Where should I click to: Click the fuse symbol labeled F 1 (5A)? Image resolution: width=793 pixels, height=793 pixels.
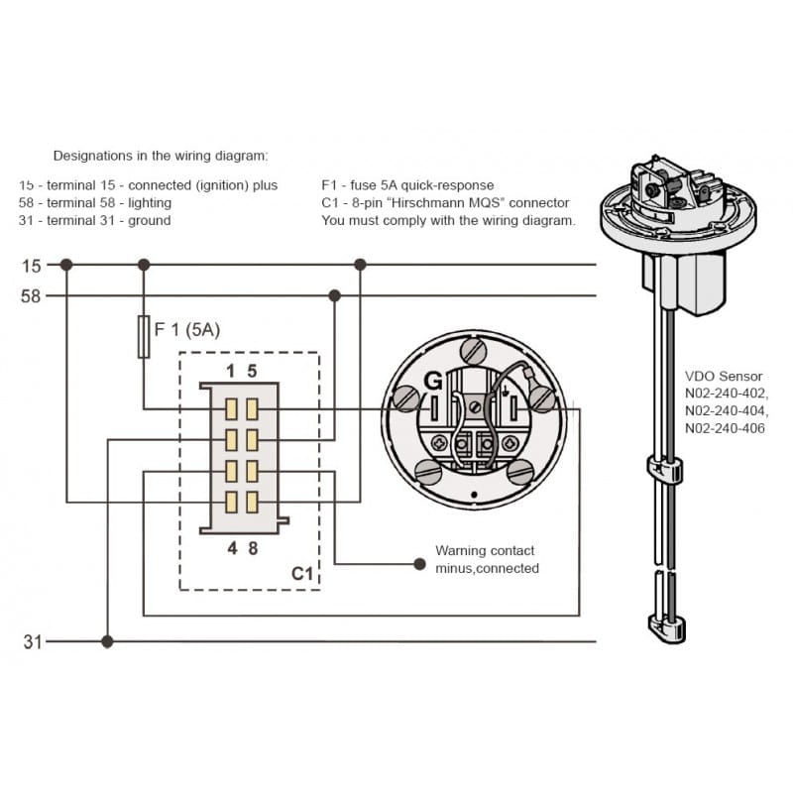pos(144,337)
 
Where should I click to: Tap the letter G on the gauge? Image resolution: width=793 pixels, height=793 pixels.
pos(433,381)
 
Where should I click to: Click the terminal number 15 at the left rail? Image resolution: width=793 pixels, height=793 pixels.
pos(32,266)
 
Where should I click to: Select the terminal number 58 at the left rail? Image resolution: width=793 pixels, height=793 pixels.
pos(32,295)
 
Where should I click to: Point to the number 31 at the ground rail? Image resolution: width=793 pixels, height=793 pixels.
pos(32,642)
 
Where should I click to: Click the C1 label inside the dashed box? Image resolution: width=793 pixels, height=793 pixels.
pos(301,573)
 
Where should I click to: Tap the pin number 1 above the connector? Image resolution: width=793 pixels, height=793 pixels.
pos(231,372)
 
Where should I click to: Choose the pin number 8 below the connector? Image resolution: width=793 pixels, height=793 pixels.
pos(253,546)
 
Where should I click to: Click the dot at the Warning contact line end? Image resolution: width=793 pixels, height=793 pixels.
pos(418,564)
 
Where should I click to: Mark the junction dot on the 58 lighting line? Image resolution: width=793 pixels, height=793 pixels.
pos(335,295)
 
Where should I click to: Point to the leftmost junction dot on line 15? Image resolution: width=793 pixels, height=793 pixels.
pos(66,265)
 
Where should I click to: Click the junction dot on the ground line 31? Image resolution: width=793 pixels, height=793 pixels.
pos(107,641)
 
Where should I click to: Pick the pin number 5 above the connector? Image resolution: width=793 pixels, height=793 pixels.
pos(253,372)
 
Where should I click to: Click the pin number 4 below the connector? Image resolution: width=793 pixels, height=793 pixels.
pos(231,546)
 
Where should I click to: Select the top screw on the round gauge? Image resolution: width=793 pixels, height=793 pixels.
pos(473,350)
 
